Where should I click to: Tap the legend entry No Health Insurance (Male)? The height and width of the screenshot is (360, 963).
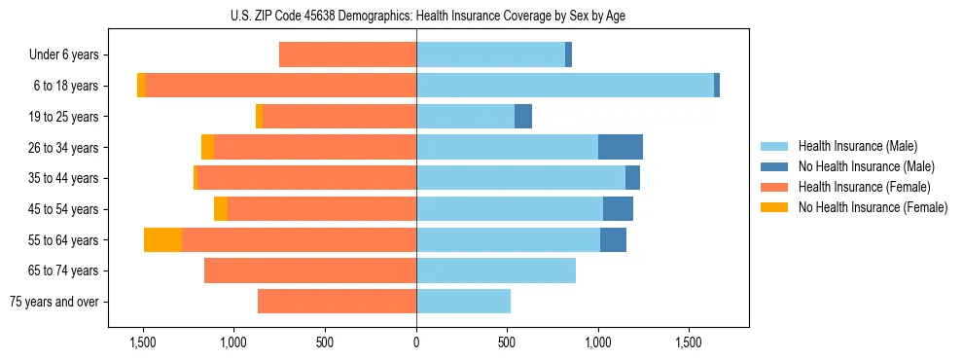866,166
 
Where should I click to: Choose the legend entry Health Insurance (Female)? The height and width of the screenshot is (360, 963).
864,187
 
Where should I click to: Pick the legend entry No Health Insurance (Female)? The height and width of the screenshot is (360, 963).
873,207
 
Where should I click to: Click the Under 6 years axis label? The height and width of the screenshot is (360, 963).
63,55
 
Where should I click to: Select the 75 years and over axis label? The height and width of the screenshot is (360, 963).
54,302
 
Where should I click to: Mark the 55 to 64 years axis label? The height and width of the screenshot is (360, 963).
65,240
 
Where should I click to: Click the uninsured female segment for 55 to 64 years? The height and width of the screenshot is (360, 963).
162,240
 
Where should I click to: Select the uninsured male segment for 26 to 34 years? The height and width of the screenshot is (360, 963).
620,147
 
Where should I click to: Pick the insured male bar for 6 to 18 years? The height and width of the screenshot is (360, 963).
564,86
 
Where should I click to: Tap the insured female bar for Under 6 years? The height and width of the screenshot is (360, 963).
347,55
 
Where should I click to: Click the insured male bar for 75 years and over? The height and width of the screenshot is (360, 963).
463,302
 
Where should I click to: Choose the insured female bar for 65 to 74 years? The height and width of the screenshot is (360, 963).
310,270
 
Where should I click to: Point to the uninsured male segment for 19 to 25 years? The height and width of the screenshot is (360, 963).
523,117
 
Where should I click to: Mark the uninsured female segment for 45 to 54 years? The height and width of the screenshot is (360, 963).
221,209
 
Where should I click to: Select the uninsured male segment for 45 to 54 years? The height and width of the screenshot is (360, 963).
618,209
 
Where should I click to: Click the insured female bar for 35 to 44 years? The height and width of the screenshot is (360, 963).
306,178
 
